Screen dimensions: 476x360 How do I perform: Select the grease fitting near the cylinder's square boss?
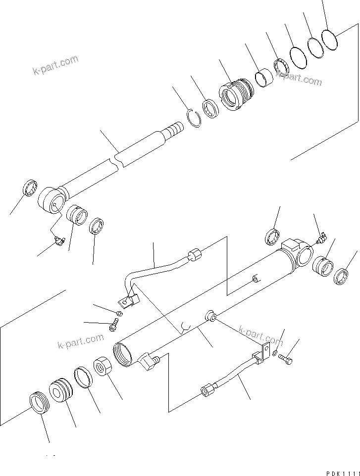click(321, 239)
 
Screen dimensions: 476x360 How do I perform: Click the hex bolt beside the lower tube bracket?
click(285, 359)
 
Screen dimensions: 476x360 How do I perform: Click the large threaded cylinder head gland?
click(236, 93)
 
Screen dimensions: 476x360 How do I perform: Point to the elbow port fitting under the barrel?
click(148, 364)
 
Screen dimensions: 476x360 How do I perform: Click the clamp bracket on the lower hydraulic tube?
click(261, 353)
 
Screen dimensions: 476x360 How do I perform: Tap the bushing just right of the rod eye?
click(77, 214)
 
